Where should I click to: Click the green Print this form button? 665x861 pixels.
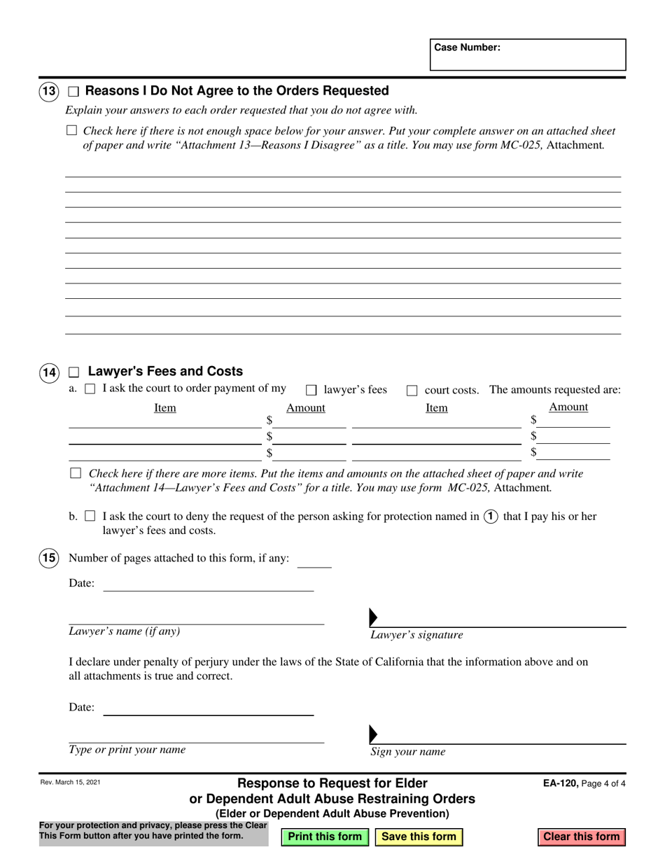[x=325, y=836]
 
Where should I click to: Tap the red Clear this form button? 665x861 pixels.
[x=581, y=836]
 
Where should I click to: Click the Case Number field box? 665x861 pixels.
[x=528, y=55]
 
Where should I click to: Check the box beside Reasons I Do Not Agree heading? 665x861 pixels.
[x=73, y=92]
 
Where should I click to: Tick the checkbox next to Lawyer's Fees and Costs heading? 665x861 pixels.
[x=75, y=372]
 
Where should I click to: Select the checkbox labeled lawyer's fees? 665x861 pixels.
[x=311, y=391]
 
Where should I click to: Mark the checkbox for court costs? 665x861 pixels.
[x=412, y=391]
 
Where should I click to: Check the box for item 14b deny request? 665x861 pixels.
[x=90, y=517]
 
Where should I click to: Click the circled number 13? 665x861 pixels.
[x=49, y=91]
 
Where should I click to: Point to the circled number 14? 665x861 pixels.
[x=49, y=372]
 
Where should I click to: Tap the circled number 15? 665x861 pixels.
[x=49, y=558]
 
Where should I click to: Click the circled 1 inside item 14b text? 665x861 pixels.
[x=491, y=517]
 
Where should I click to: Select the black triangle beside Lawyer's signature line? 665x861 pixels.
[x=373, y=617]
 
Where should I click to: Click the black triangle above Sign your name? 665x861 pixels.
[x=373, y=734]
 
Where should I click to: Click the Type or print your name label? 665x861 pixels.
[x=127, y=750]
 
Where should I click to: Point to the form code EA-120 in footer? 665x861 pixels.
[x=560, y=784]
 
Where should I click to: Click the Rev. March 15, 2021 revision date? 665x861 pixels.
[x=70, y=783]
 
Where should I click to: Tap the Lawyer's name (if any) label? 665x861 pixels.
[x=124, y=631]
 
